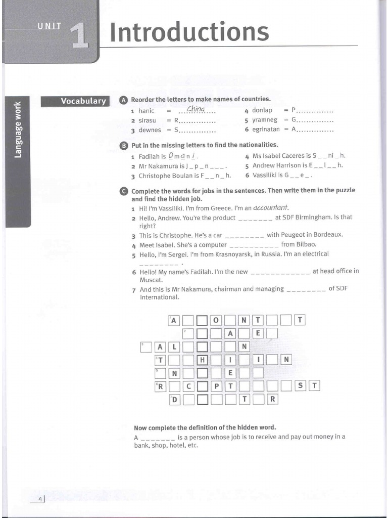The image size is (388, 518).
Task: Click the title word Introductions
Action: tap(189, 32)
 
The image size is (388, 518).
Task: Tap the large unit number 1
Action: tap(80, 36)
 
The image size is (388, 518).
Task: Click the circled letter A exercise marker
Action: tap(124, 100)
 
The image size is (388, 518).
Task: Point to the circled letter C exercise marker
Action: tap(124, 191)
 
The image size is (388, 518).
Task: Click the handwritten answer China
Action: tap(196, 109)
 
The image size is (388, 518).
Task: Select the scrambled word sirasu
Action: tap(148, 120)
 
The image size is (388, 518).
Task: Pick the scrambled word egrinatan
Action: tap(266, 130)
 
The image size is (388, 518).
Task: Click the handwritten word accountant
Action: tap(271, 207)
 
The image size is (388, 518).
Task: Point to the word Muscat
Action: tap(151, 279)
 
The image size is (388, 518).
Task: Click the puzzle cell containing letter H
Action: tap(202, 360)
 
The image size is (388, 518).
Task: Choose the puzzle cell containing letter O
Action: tap(216, 320)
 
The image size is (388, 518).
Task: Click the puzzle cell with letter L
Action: tap(174, 347)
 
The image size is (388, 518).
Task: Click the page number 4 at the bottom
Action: tap(40, 500)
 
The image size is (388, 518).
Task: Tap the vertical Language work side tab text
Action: tap(18, 129)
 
